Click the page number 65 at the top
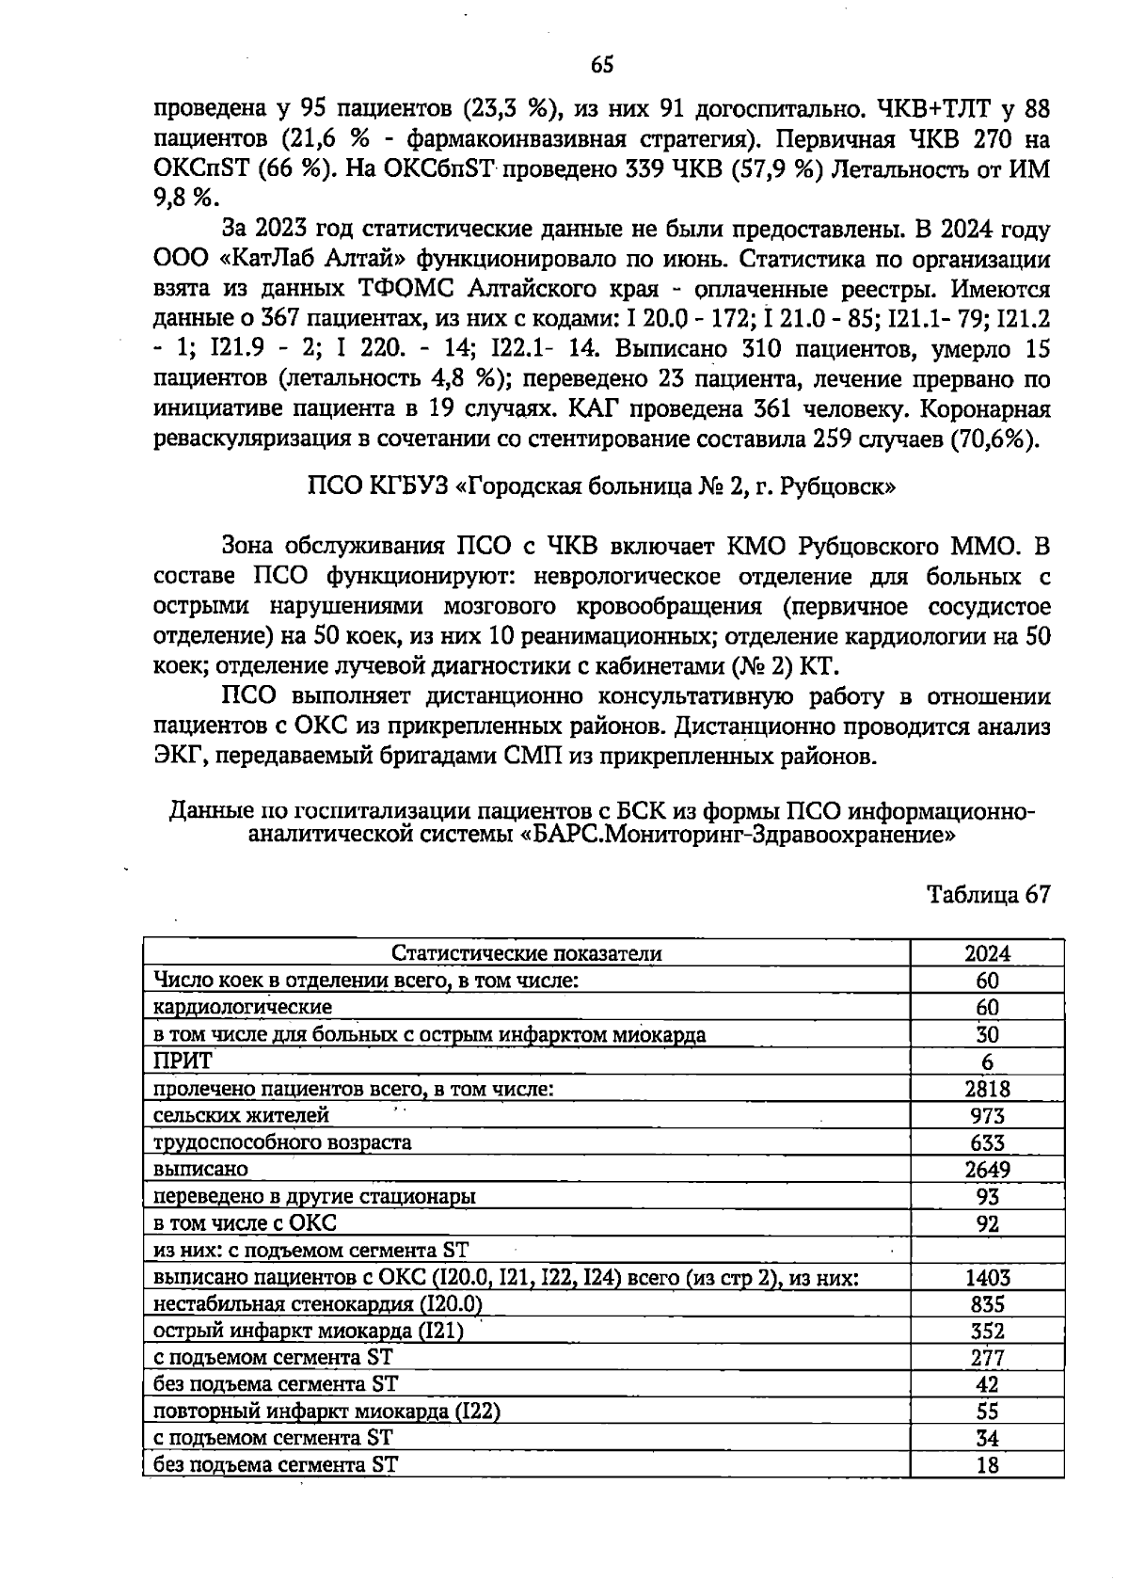tap(602, 65)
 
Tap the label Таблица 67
tap(988, 894)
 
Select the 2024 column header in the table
tap(987, 953)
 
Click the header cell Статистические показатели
tap(526, 953)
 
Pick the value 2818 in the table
tap(987, 1089)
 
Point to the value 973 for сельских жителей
tap(987, 1116)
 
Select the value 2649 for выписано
tap(987, 1170)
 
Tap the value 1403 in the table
tap(987, 1278)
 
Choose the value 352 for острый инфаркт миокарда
tap(987, 1332)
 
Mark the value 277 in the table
tap(987, 1359)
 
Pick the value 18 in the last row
tap(987, 1465)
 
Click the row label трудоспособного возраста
tap(282, 1142)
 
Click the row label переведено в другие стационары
tap(314, 1197)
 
